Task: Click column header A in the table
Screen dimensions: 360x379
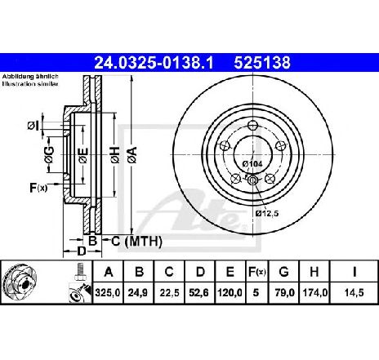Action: coord(108,272)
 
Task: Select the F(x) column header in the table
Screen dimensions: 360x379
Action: coord(256,272)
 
